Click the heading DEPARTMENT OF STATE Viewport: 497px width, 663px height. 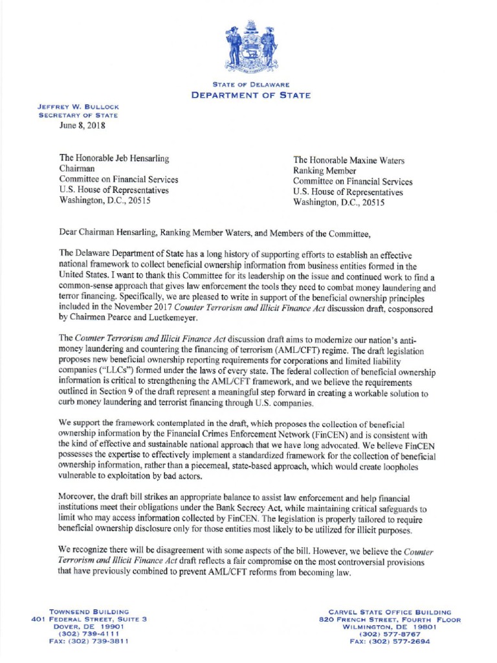click(x=250, y=95)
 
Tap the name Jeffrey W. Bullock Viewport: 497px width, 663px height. click(x=78, y=106)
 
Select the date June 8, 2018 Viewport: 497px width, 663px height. click(x=82, y=126)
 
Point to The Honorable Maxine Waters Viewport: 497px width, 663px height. click(x=349, y=160)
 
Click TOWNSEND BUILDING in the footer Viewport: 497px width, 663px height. click(x=90, y=611)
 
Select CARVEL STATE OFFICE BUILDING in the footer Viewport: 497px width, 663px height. click(x=399, y=611)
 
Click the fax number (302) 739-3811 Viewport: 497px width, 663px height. click(x=99, y=641)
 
